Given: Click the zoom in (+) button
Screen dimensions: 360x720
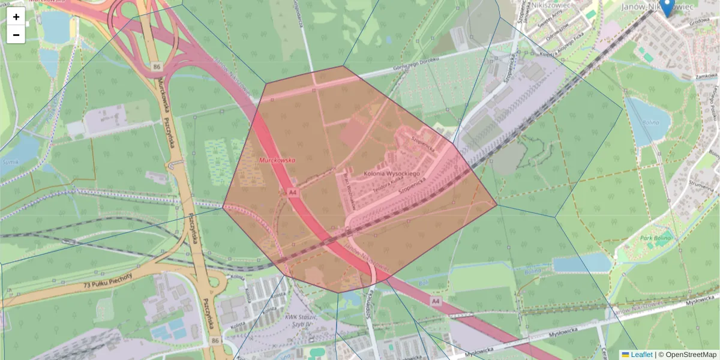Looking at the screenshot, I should pyautogui.click(x=16, y=16).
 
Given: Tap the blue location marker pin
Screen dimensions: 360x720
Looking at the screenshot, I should pyautogui.click(x=666, y=7).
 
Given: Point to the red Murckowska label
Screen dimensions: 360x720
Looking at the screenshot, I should pyautogui.click(x=277, y=160).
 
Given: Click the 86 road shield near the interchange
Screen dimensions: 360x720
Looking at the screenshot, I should pyautogui.click(x=157, y=65).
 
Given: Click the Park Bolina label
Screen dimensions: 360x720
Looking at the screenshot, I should pyautogui.click(x=655, y=239).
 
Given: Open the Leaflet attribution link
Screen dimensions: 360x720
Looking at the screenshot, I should pyautogui.click(x=641, y=355).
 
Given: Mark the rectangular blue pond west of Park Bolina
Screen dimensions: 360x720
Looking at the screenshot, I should pyautogui.click(x=581, y=263).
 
